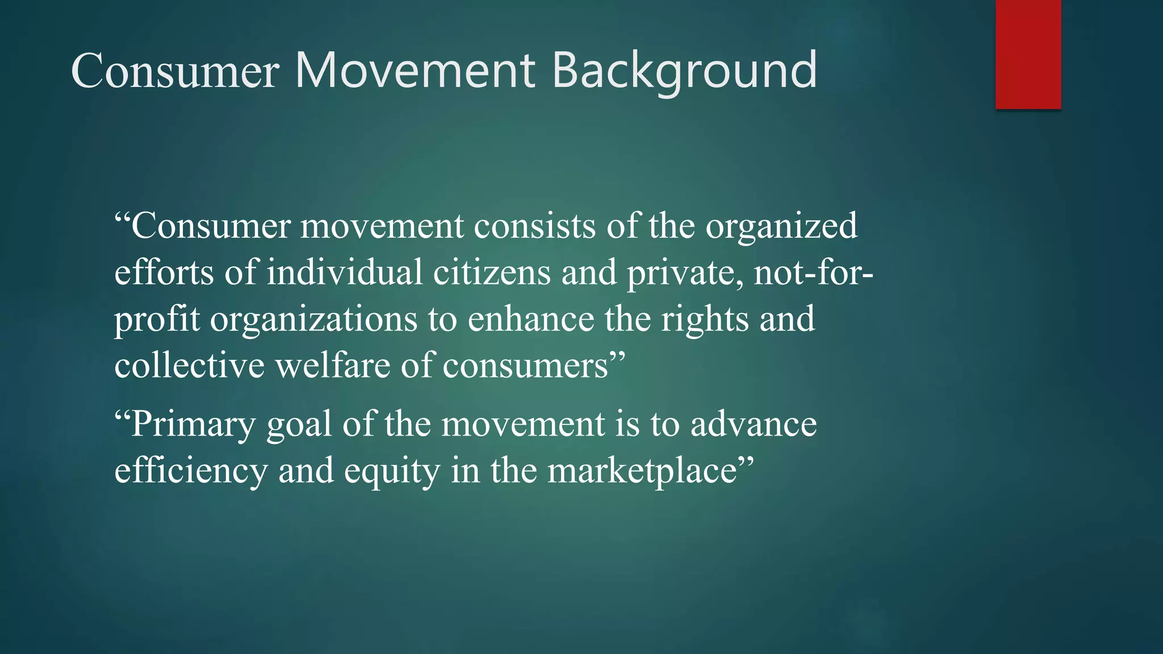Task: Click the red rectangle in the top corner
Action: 1028,54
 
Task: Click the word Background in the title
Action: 684,70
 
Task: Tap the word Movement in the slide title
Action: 415,70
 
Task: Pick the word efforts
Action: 164,272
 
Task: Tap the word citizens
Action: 492,272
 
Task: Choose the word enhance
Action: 530,318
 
